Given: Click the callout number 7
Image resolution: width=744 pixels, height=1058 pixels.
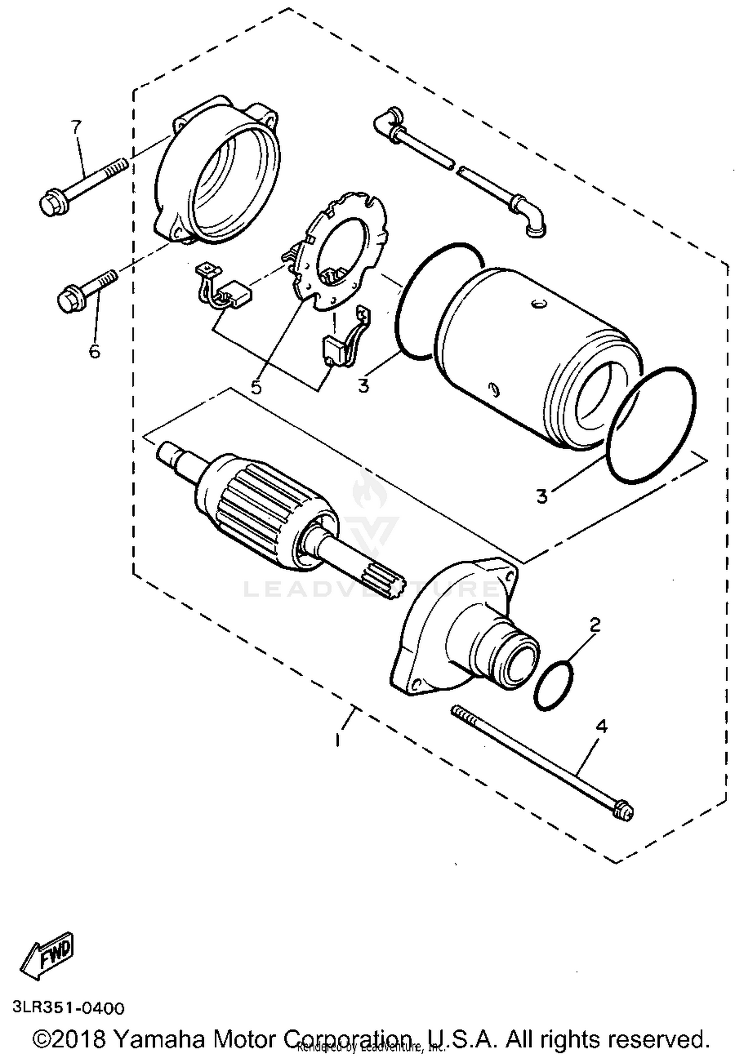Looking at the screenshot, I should pos(75,127).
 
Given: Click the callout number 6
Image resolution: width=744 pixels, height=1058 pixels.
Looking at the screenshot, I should pos(94,351).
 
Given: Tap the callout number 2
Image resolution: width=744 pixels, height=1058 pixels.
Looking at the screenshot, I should pos(595,625).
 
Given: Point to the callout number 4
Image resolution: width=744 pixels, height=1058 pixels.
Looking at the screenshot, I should pos(601,727).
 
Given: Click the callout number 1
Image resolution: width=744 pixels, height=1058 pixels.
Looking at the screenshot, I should pos(338,739).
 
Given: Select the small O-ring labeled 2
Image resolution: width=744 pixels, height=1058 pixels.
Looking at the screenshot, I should pos(554,685).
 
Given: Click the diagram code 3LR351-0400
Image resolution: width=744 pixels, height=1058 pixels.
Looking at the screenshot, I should pos(68,1008).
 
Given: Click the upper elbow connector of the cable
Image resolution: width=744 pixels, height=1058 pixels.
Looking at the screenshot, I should pos(389,121).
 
